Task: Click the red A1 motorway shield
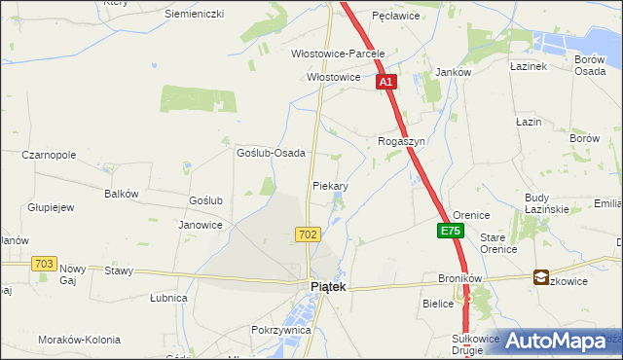tap(386, 83)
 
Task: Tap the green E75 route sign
tap(450, 232)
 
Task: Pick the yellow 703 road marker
tap(44, 264)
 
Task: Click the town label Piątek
tap(328, 287)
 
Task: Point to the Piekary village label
tap(331, 185)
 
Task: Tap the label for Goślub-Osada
tap(272, 153)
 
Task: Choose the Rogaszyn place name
tap(402, 141)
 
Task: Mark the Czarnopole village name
tap(50, 155)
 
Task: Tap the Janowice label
tap(201, 225)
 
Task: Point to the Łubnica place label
tap(168, 298)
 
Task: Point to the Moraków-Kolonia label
tap(79, 340)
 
